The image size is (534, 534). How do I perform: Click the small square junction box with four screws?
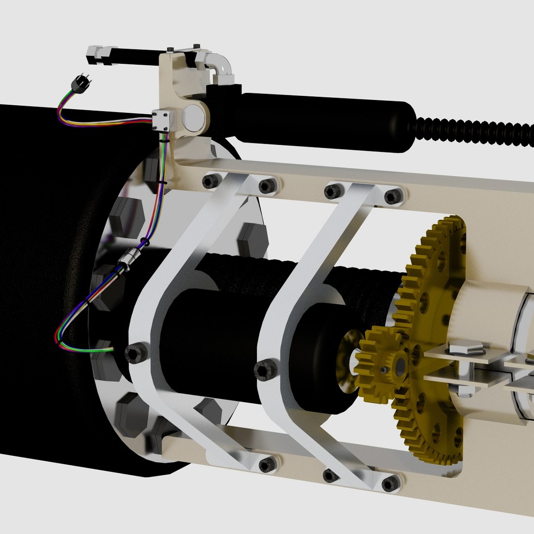click(162, 120)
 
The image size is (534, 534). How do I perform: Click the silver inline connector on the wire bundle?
click(130, 260)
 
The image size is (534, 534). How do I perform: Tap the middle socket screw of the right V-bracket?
click(265, 370)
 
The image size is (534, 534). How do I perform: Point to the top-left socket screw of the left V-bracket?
click(210, 181)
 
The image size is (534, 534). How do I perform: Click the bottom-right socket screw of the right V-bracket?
click(391, 484)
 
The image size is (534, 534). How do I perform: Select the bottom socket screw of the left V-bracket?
click(267, 464)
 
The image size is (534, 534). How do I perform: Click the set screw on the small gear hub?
click(384, 369)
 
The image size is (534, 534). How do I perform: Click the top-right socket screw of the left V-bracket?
click(267, 186)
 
